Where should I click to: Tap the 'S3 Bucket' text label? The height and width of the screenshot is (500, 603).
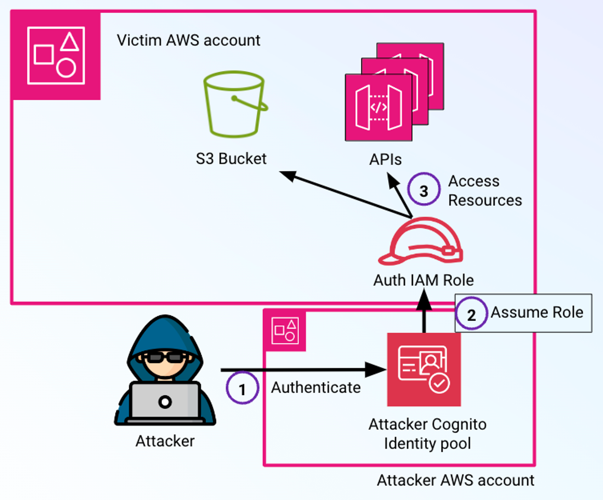(x=231, y=159)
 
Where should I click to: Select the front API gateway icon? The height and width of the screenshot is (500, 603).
(x=379, y=108)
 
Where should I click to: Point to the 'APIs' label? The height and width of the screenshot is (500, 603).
(x=385, y=160)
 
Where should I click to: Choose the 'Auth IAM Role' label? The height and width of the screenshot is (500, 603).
(x=423, y=280)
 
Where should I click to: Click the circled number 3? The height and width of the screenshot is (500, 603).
(x=424, y=190)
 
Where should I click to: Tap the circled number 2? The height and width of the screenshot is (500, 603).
(x=471, y=314)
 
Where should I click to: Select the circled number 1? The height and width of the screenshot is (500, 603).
(x=242, y=388)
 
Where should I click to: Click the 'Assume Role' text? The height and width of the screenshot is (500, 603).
(x=537, y=312)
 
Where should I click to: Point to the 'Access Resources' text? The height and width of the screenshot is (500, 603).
(x=485, y=191)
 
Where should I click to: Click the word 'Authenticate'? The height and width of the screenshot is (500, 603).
(x=316, y=388)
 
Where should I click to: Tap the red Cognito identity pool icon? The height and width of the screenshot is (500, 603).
(x=424, y=369)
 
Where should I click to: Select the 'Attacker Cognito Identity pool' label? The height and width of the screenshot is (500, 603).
(x=427, y=434)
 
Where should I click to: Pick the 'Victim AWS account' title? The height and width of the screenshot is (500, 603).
(x=188, y=40)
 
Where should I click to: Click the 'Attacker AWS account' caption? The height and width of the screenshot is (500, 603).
(x=455, y=480)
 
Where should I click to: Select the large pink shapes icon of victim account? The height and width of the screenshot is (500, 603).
(x=56, y=56)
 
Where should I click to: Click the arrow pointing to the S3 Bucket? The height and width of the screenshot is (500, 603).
(x=345, y=194)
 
